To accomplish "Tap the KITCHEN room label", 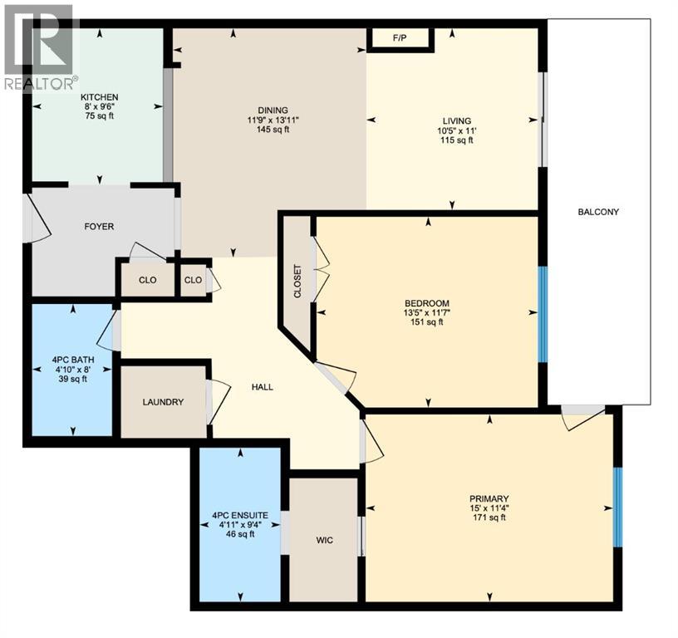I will [x=100, y=97].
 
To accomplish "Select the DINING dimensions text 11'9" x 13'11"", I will [x=272, y=120].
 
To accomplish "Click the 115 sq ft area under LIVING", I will [x=455, y=140].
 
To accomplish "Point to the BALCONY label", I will [x=598, y=212].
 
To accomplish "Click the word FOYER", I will [x=99, y=226].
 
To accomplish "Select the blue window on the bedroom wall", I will [x=543, y=314].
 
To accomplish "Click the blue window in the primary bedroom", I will [x=617, y=507].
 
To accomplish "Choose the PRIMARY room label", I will [x=489, y=498].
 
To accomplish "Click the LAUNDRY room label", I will [x=163, y=402].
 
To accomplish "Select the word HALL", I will [x=263, y=387].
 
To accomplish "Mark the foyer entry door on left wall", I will [x=38, y=218].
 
